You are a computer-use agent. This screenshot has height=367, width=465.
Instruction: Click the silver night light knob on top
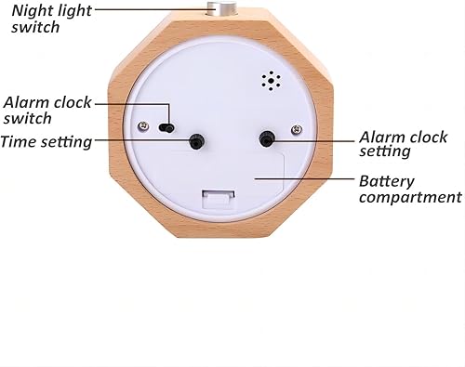(x=222, y=10)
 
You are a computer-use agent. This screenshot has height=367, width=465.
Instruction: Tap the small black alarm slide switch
(x=167, y=126)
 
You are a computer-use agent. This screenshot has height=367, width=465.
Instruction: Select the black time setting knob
(x=197, y=141)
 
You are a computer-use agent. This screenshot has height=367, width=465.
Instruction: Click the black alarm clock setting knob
(x=267, y=139)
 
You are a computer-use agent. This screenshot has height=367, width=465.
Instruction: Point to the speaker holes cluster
(x=271, y=81)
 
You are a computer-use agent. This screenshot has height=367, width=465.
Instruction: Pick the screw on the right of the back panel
(x=296, y=128)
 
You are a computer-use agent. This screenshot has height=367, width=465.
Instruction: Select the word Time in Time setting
(x=18, y=141)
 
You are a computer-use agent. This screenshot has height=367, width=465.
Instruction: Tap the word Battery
(x=387, y=180)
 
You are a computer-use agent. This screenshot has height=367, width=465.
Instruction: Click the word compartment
(x=409, y=197)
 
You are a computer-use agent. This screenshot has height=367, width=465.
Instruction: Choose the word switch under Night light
(x=34, y=27)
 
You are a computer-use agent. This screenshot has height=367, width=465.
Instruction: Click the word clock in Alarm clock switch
(x=72, y=101)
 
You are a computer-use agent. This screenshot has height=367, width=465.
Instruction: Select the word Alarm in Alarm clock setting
(x=380, y=135)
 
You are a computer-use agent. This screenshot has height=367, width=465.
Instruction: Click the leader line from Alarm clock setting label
(x=316, y=140)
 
